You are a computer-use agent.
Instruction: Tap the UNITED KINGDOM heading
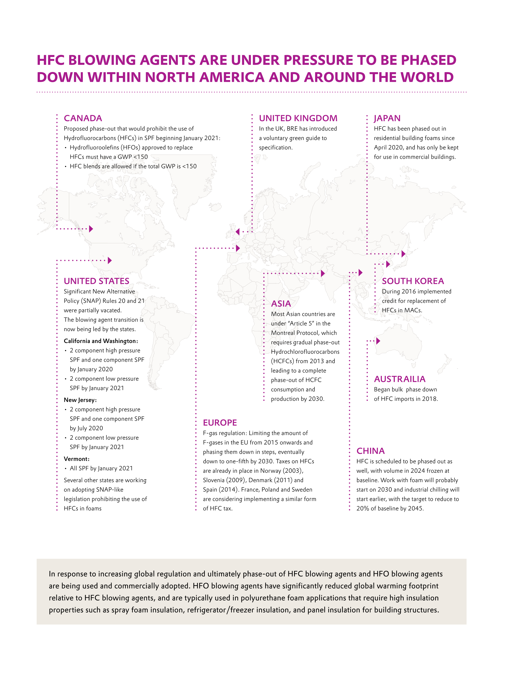(x=298, y=118)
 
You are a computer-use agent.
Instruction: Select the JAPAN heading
(x=387, y=118)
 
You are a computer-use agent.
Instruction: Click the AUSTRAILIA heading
(x=399, y=379)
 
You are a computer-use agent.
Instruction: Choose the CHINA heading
(x=370, y=451)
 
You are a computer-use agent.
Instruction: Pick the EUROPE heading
(x=220, y=423)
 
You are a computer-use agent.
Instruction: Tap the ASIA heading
(x=281, y=304)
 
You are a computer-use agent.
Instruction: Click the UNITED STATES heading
(x=96, y=281)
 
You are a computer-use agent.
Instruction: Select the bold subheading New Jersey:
(x=80, y=400)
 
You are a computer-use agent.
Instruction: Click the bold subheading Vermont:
(x=76, y=459)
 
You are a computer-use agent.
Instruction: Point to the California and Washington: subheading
(x=101, y=341)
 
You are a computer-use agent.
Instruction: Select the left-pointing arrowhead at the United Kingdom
(x=237, y=232)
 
